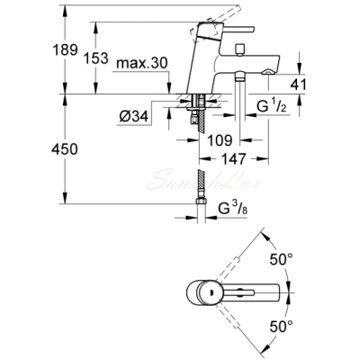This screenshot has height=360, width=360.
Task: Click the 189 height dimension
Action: pos(65,49)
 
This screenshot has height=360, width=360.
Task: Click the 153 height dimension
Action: pos(95,58)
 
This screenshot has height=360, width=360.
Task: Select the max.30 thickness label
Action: pos(141,63)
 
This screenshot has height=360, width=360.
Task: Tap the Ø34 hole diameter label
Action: pos(134,116)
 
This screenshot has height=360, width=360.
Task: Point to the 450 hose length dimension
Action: pos(65,148)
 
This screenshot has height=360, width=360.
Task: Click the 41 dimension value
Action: pos(298,85)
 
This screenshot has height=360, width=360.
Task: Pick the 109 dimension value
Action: pos(220,140)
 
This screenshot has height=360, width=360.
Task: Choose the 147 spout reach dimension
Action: pos(234,158)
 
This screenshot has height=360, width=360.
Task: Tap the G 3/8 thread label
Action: pos(233,208)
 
